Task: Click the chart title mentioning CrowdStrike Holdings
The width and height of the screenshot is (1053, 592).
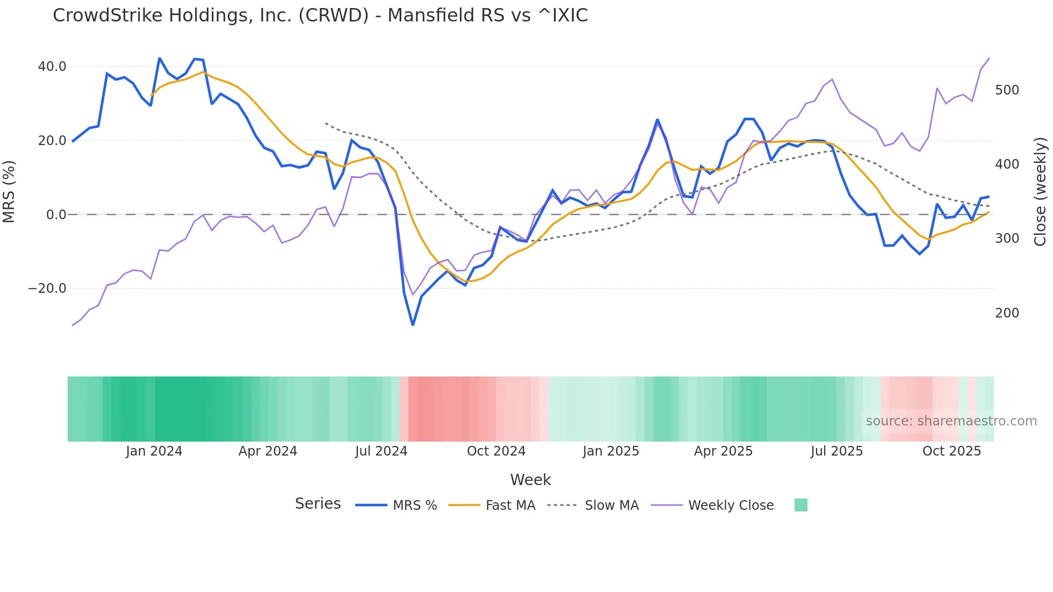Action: (x=320, y=16)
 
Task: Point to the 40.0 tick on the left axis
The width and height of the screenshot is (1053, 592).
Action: (x=52, y=67)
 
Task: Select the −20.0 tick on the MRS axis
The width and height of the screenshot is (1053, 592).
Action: (x=47, y=288)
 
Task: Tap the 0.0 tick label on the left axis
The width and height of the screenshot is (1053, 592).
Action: (x=56, y=215)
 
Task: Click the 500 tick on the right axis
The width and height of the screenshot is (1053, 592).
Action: (x=1007, y=90)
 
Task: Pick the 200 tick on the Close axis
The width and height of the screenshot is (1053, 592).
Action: (x=1007, y=313)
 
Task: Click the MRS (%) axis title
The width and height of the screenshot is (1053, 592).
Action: (x=9, y=192)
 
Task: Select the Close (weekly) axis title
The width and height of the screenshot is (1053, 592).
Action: (x=1040, y=192)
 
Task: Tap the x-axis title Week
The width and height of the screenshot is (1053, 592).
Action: (x=530, y=480)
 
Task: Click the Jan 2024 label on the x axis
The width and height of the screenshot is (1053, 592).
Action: (x=154, y=451)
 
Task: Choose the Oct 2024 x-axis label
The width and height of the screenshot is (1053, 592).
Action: (x=496, y=451)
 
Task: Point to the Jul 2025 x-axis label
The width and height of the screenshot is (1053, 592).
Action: (x=836, y=451)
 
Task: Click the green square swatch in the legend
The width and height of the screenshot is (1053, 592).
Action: (x=800, y=505)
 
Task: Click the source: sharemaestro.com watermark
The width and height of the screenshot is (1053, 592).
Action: (x=951, y=421)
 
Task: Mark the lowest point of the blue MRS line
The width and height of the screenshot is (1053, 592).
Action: (x=413, y=324)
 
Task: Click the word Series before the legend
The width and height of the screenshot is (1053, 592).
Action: (x=318, y=504)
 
